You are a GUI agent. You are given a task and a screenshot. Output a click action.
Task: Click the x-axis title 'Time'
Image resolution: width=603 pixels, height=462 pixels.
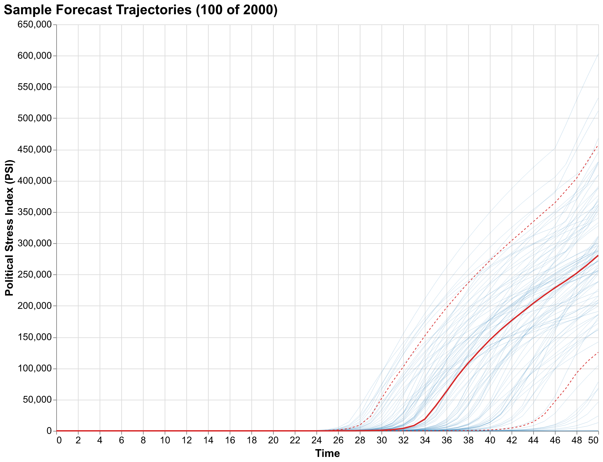click(327, 454)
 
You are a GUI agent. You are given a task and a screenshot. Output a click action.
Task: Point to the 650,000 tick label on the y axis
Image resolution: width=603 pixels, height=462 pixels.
click(35, 25)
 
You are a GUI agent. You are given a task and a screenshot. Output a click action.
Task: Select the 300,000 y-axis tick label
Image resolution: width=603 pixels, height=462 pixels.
click(35, 244)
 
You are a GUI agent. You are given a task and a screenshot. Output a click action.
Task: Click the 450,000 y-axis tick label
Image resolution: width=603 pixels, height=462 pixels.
click(35, 150)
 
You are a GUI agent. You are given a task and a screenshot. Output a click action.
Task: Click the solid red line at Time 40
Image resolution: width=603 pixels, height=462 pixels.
click(490, 340)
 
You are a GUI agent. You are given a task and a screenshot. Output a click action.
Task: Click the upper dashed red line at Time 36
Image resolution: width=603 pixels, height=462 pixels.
click(446, 308)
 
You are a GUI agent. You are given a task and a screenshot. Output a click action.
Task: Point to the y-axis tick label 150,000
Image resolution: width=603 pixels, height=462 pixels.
click(35, 337)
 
